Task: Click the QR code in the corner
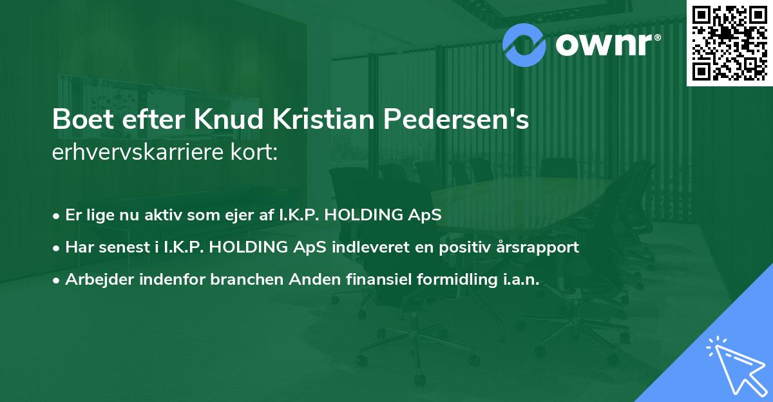(x=730, y=43)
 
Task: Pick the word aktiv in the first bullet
(x=163, y=215)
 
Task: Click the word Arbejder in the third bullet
(x=93, y=279)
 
